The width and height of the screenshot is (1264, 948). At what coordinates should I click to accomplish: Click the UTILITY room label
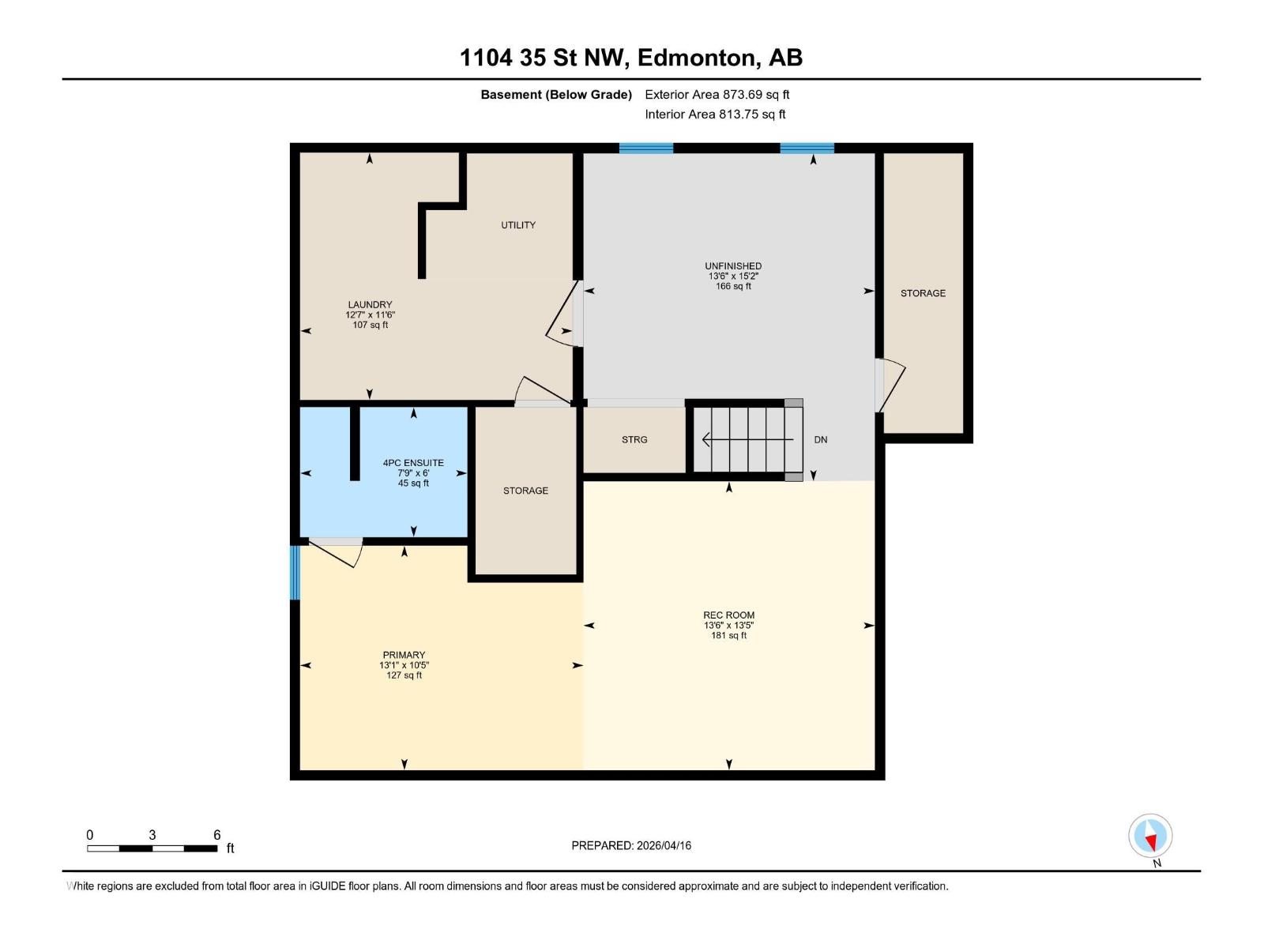(518, 225)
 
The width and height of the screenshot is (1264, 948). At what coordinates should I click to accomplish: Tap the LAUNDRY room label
(370, 304)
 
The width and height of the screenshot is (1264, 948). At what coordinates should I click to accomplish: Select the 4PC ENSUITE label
(413, 463)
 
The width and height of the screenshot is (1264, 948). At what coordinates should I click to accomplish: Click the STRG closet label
(634, 440)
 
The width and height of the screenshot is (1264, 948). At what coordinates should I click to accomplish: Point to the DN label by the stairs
(821, 440)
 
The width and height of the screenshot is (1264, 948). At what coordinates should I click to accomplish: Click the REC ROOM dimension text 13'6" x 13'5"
(728, 626)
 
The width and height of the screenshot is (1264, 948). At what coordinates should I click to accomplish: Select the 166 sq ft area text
(733, 287)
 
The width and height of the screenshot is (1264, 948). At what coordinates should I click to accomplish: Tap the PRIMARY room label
(404, 655)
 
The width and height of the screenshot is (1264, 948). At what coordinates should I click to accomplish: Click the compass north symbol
(1150, 836)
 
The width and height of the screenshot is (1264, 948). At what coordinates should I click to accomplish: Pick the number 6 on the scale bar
(217, 835)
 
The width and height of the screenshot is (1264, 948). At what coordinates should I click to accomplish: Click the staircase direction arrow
(747, 439)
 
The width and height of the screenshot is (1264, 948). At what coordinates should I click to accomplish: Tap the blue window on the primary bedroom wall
(295, 572)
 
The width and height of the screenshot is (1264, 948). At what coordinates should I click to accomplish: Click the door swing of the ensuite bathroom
(336, 552)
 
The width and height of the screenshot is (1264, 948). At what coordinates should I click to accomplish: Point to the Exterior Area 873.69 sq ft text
(717, 95)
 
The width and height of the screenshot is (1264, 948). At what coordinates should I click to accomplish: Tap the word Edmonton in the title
(695, 58)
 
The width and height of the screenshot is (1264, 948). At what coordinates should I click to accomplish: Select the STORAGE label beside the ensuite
(525, 491)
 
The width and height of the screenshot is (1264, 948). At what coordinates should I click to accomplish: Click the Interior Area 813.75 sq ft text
(715, 115)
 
